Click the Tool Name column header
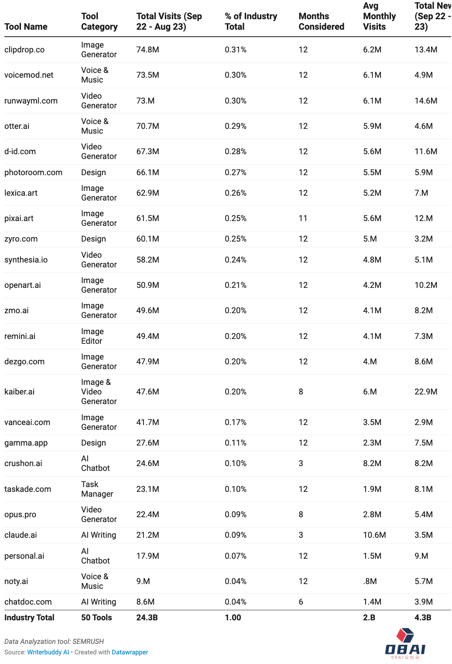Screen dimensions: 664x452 pyautogui.click(x=26, y=27)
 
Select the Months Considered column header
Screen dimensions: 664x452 pyautogui.click(x=321, y=21)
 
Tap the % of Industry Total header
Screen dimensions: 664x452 pyautogui.click(x=251, y=21)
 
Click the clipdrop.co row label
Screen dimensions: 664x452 pyautogui.click(x=24, y=50)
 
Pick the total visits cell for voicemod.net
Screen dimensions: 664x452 pyautogui.click(x=147, y=75)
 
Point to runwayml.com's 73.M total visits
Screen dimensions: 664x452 pyautogui.click(x=145, y=101)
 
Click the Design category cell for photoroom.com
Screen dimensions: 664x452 pyautogui.click(x=93, y=173)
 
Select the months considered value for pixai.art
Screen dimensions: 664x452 pyautogui.click(x=303, y=218)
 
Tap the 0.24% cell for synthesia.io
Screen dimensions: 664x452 pyautogui.click(x=236, y=260)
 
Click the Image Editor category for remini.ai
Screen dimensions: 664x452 pyautogui.click(x=92, y=336)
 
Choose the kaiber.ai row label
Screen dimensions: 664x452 pyautogui.click(x=19, y=392)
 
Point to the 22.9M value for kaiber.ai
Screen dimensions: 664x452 pyautogui.click(x=426, y=392)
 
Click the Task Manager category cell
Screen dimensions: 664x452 pyautogui.click(x=97, y=489)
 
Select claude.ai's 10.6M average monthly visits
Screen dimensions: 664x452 pyautogui.click(x=374, y=535)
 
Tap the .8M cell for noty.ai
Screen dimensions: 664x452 pyautogui.click(x=369, y=581)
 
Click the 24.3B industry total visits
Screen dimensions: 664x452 pyautogui.click(x=147, y=618)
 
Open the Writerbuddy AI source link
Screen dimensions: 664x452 pyautogui.click(x=48, y=652)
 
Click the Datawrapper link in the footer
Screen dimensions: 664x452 pyautogui.click(x=130, y=652)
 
